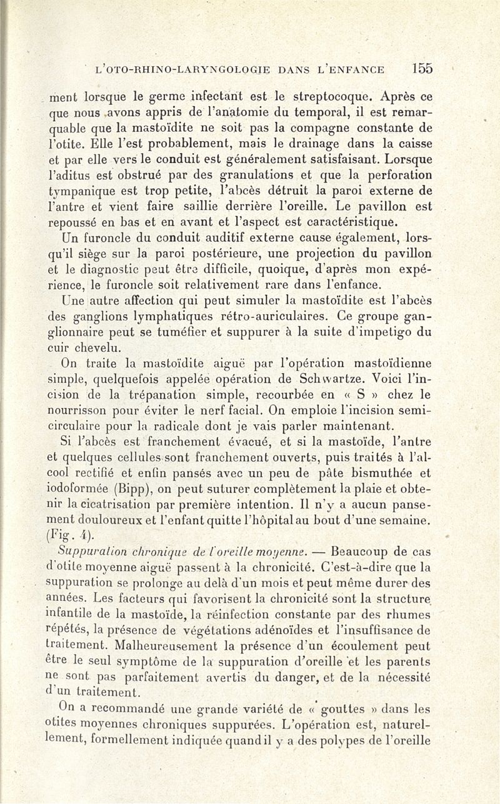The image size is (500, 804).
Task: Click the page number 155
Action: (422, 69)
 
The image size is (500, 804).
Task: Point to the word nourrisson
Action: (81, 411)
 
